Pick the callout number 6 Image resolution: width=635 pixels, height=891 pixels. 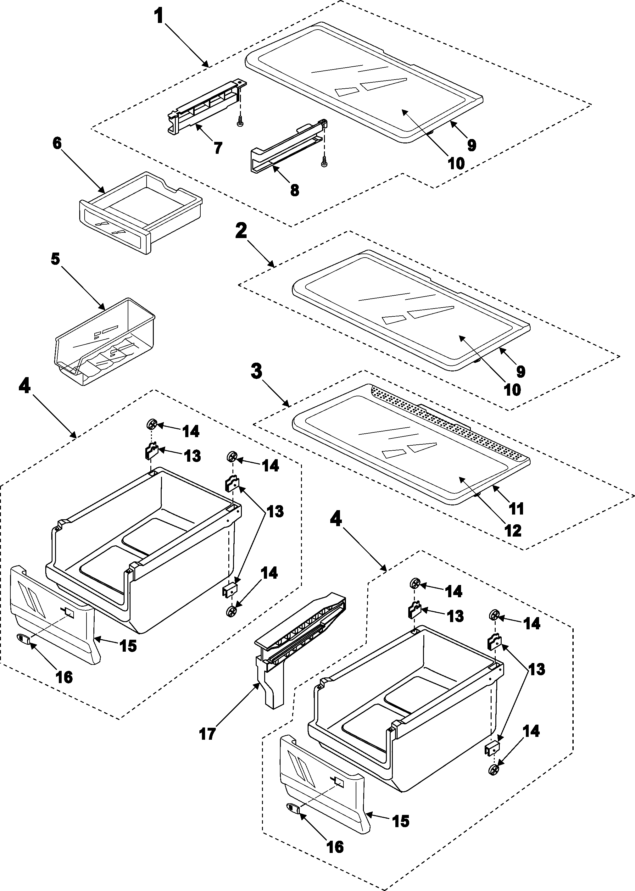[57, 143]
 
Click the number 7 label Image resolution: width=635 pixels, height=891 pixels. [218, 148]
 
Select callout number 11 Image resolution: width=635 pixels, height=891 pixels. [516, 509]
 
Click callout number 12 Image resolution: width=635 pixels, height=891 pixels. [513, 531]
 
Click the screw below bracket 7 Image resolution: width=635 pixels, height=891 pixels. [239, 123]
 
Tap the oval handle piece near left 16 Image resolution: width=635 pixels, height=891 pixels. [24, 639]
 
